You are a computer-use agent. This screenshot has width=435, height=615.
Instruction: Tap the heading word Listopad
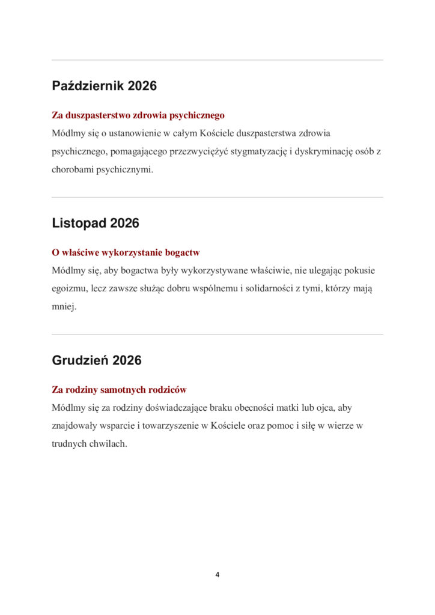pyautogui.click(x=79, y=223)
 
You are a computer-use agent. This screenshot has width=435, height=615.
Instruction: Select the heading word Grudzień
pyautogui.click(x=81, y=360)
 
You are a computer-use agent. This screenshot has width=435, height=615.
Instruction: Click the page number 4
pyautogui.click(x=218, y=575)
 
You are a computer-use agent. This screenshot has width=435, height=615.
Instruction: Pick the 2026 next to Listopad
pyautogui.click(x=124, y=223)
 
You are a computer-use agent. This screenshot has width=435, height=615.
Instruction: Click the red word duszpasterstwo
pyautogui.click(x=101, y=115)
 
